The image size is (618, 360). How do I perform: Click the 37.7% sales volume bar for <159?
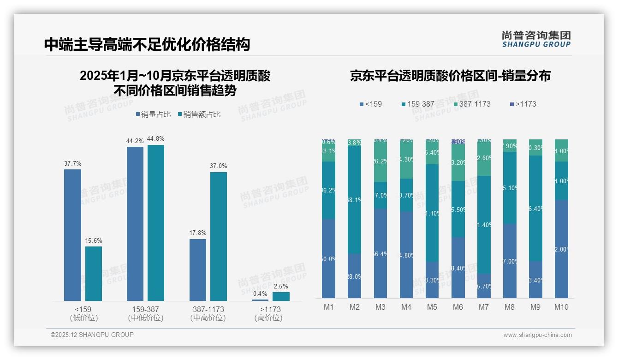coord(72,235)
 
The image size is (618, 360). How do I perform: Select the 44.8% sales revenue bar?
coord(156,223)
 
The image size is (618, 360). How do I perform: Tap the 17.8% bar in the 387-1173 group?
coord(198,270)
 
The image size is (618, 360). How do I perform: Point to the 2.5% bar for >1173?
coord(281,296)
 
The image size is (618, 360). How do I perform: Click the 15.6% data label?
coord(94,241)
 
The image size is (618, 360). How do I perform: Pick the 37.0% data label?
coord(219,166)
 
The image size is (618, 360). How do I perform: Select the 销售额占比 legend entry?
coord(199,114)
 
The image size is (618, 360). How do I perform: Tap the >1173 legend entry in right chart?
coord(523,104)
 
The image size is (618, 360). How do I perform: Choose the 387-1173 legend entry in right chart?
coord(471,104)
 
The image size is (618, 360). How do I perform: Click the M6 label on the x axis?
coord(458,307)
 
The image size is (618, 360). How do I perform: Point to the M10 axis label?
coord(561,307)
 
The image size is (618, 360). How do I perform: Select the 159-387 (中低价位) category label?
coord(146,313)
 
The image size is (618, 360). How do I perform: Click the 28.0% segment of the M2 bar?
coord(354,276)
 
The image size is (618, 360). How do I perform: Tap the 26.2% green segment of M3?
coord(380,162)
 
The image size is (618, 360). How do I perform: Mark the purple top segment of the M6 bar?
coord(458,142)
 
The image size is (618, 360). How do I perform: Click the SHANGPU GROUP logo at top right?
coord(536,39)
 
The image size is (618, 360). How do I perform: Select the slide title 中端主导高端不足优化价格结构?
coord(147,44)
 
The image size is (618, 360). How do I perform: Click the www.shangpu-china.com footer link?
coord(537,335)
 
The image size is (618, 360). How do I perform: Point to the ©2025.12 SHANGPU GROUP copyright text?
coord(92,335)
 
